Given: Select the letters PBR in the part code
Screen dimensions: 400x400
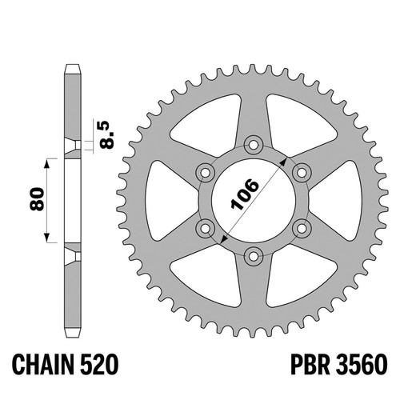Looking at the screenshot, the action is [310, 365].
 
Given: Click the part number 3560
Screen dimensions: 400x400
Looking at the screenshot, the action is [362, 365].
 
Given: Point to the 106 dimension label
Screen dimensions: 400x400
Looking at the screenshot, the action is [245, 194].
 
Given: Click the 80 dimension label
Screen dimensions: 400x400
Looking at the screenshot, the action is [37, 199].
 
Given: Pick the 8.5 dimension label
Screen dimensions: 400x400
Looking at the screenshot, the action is [106, 134].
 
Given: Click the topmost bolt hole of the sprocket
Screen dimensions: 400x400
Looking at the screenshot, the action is [254, 145].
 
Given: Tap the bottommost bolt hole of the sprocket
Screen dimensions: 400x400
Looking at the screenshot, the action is [254, 256].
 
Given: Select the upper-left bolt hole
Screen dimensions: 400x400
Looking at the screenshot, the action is [205, 173].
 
